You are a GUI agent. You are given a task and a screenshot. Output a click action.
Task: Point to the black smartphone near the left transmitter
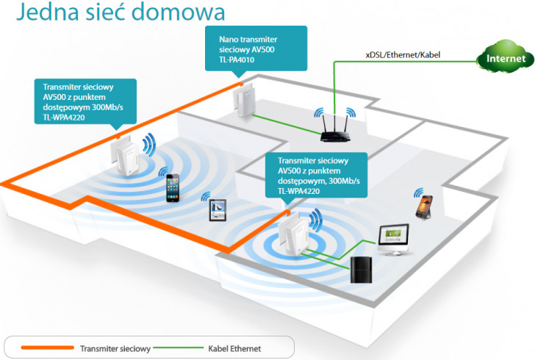172,187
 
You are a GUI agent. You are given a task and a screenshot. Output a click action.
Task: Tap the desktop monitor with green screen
389,237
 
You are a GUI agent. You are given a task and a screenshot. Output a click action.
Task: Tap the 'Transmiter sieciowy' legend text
115,348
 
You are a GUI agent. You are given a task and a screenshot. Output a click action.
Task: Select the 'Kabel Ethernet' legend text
234,348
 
